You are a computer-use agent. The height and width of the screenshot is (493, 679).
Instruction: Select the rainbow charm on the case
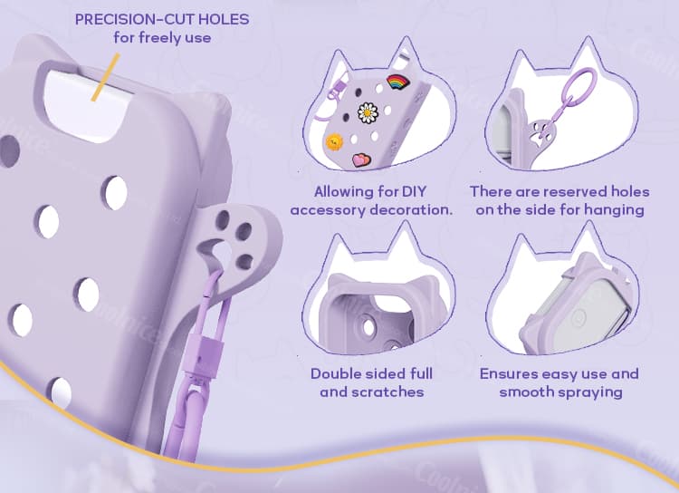(396, 83)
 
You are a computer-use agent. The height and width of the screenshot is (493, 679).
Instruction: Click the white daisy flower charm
(368, 114)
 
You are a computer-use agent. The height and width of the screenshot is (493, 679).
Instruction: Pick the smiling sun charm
(334, 142)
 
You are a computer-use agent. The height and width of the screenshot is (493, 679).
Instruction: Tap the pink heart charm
(362, 159)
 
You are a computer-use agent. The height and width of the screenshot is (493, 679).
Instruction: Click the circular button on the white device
(577, 317)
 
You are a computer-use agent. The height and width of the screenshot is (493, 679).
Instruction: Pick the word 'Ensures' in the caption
(509, 374)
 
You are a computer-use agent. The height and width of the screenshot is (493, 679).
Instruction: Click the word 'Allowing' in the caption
(344, 192)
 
